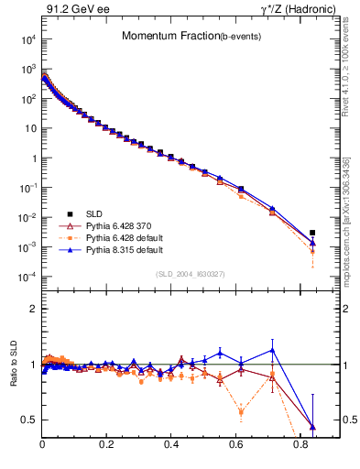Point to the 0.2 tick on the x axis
[x=107, y=446]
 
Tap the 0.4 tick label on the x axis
[x=171, y=446]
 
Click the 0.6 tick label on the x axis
[x=235, y=446]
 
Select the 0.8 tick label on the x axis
[x=300, y=446]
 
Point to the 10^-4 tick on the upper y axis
[x=27, y=278]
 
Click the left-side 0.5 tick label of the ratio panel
[x=28, y=420]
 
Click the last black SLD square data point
[x=312, y=233]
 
